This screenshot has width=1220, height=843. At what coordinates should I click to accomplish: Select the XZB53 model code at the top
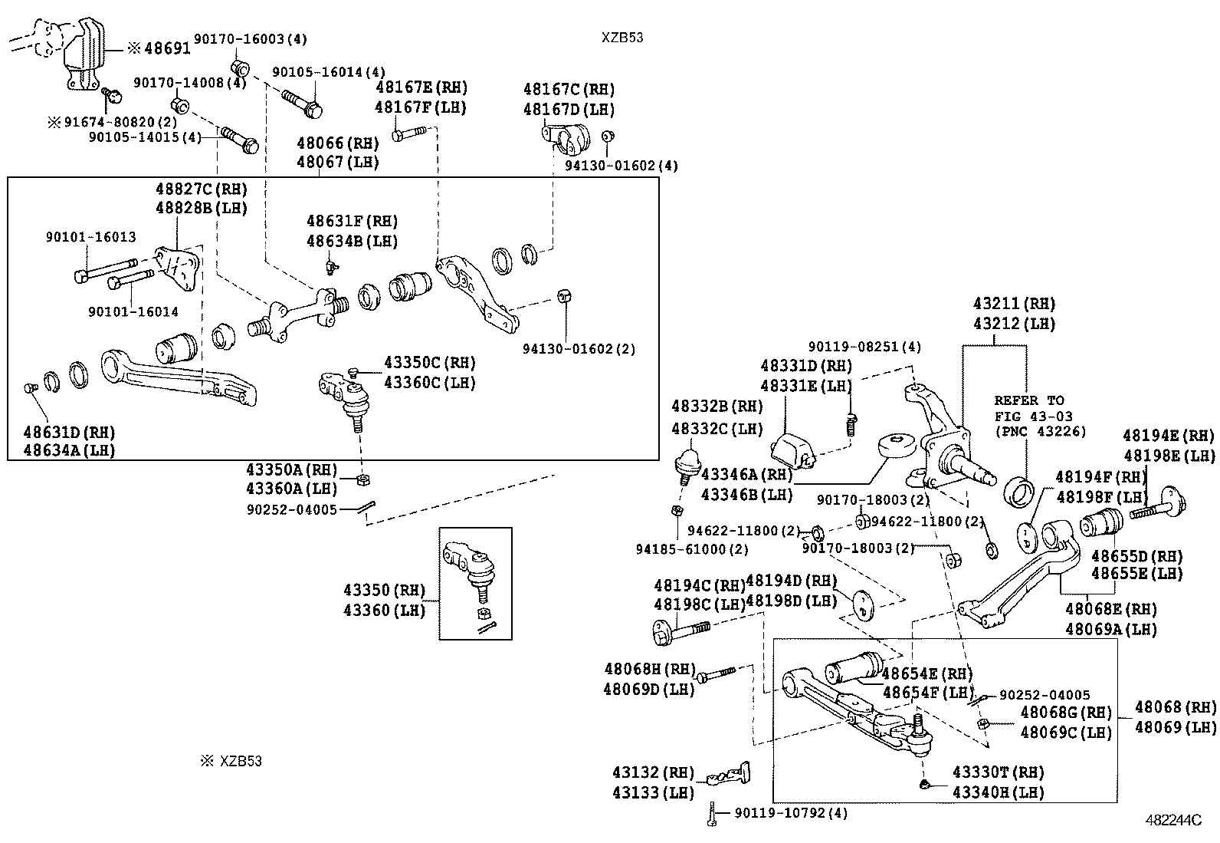[x=621, y=38]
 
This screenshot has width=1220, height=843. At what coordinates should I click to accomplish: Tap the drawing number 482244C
[x=1172, y=820]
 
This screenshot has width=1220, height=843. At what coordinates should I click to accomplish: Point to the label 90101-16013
[x=90, y=237]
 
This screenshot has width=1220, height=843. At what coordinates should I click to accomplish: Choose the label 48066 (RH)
[x=338, y=143]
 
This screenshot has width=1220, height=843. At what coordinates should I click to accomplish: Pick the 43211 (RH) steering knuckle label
[x=1014, y=304]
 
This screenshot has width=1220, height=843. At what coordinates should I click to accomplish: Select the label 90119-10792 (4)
[x=791, y=812]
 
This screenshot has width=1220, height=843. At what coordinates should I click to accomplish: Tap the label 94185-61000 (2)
[x=692, y=549]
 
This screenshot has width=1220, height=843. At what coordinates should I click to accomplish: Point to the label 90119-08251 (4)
[x=864, y=347]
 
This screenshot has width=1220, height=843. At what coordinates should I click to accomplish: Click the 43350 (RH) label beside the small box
[x=384, y=591]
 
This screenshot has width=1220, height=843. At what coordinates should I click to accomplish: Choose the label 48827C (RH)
[x=202, y=189]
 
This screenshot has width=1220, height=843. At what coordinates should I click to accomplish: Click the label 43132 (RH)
[x=653, y=772]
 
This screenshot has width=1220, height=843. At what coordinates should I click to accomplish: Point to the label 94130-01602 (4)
[x=621, y=166]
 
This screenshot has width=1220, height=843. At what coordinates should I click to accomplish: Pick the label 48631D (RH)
[x=69, y=432]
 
